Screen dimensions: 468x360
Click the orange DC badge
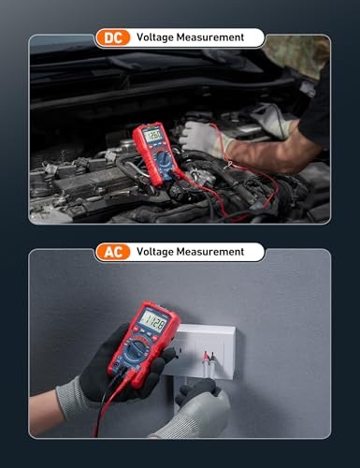(x=112, y=37)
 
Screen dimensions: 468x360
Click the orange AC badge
(x=112, y=252)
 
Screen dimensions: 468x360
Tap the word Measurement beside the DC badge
(x=213, y=37)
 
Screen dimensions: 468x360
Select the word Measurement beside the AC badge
(x=213, y=252)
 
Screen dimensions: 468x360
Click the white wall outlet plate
(x=206, y=351)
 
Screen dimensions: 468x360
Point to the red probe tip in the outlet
(x=205, y=357)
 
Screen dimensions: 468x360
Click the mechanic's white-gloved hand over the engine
(x=201, y=139)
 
